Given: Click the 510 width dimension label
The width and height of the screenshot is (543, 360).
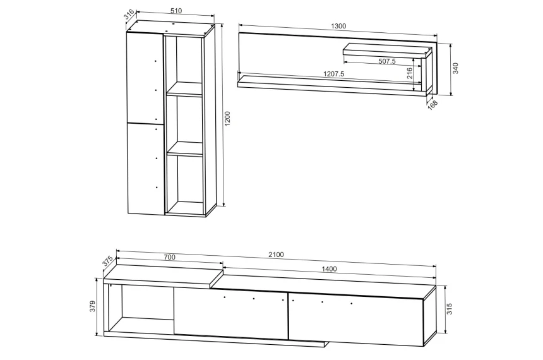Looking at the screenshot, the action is click(176, 11).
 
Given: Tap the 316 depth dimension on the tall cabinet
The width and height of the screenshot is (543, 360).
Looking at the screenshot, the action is click(129, 15).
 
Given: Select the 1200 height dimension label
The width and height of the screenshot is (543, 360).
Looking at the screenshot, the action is click(227, 119).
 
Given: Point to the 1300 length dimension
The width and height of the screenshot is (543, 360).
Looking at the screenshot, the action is click(338, 26).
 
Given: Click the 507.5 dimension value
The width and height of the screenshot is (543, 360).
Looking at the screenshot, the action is click(387, 61).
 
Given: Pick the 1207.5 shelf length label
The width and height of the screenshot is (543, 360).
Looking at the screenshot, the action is click(334, 74).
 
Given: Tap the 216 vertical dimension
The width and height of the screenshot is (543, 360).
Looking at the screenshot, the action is click(409, 73).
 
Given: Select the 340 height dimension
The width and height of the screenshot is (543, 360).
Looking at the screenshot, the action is click(455, 68).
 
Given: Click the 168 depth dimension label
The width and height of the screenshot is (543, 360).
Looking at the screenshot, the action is click(433, 105).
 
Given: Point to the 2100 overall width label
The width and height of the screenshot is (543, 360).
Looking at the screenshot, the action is click(276, 255).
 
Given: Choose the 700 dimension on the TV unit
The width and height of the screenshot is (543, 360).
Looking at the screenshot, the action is click(169, 257).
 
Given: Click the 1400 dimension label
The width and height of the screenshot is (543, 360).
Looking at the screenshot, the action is click(329, 269).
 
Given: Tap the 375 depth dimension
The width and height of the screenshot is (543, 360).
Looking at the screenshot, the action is click(107, 261).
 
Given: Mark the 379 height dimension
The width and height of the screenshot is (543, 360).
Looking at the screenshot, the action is click(92, 306).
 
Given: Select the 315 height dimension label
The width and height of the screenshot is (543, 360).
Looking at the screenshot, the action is click(449, 309).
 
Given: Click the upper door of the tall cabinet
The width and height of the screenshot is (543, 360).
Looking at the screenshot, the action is click(145, 77).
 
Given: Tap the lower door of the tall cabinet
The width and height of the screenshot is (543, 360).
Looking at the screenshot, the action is click(145, 169).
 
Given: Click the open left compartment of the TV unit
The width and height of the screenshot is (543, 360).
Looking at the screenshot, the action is click(141, 308).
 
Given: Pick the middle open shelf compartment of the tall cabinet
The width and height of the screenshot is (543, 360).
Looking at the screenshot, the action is click(184, 119).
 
